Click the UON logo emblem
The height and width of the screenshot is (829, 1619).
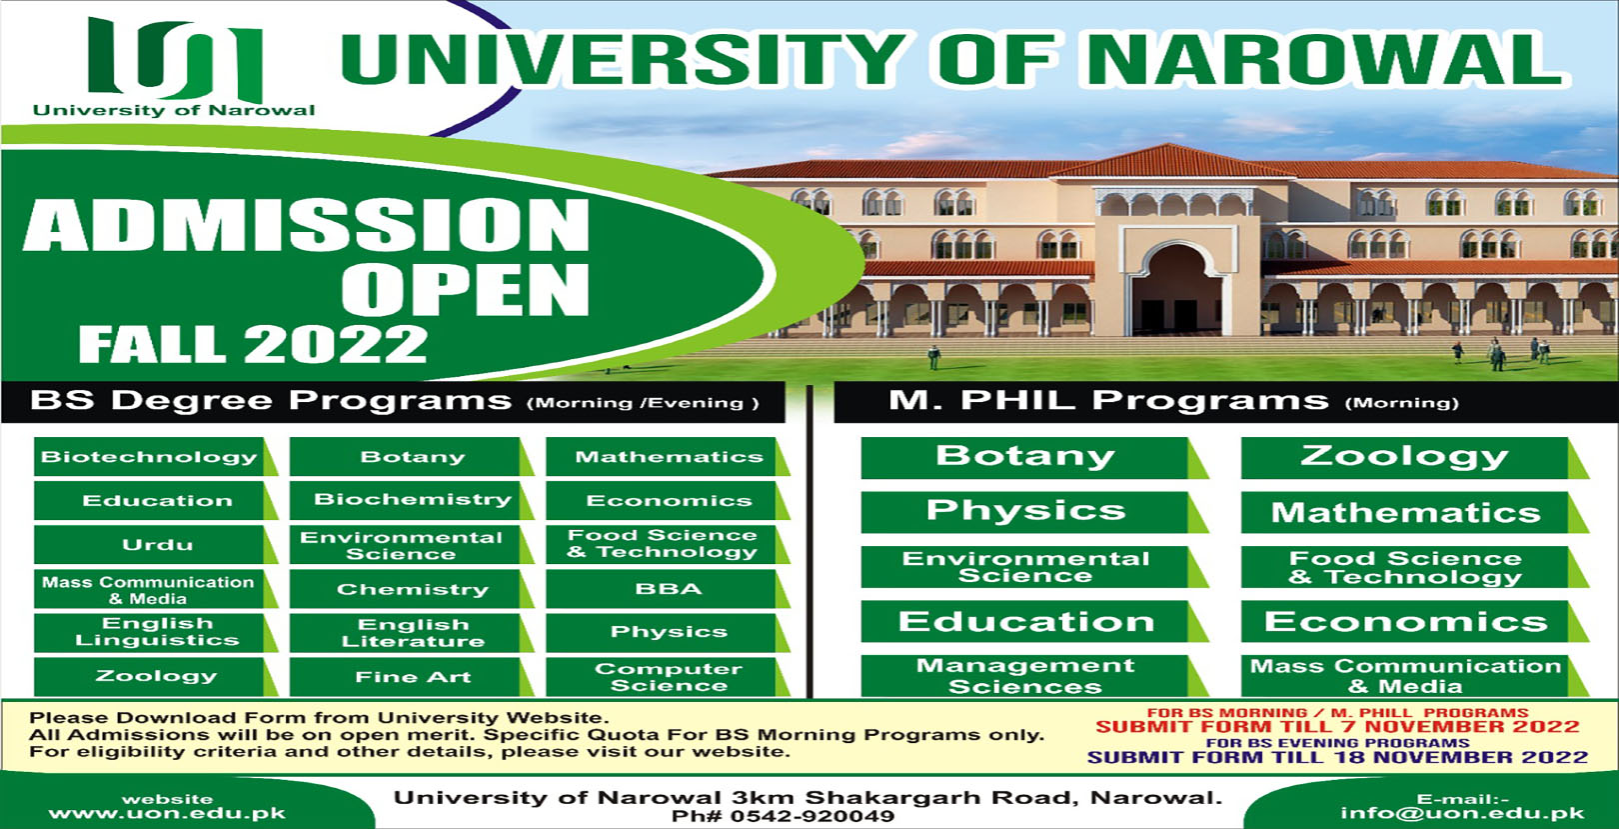[x=174, y=58]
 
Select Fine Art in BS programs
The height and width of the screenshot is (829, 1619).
[x=412, y=677]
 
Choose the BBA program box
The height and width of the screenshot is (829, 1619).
[x=668, y=589]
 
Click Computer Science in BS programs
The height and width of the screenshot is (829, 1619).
[x=668, y=677]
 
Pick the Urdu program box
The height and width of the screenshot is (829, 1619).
[x=155, y=545]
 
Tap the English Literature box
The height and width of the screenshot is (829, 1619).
[x=412, y=633]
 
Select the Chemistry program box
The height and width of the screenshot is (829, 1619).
[x=412, y=589]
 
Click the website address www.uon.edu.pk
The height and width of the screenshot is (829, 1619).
[x=167, y=813]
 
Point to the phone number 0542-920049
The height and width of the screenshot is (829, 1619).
[x=783, y=817]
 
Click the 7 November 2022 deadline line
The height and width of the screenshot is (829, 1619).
[x=1337, y=727]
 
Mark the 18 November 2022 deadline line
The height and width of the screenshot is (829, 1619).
[x=1337, y=757]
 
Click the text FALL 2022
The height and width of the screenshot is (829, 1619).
[x=253, y=344]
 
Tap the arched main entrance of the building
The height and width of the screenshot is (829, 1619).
[x=1177, y=288]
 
